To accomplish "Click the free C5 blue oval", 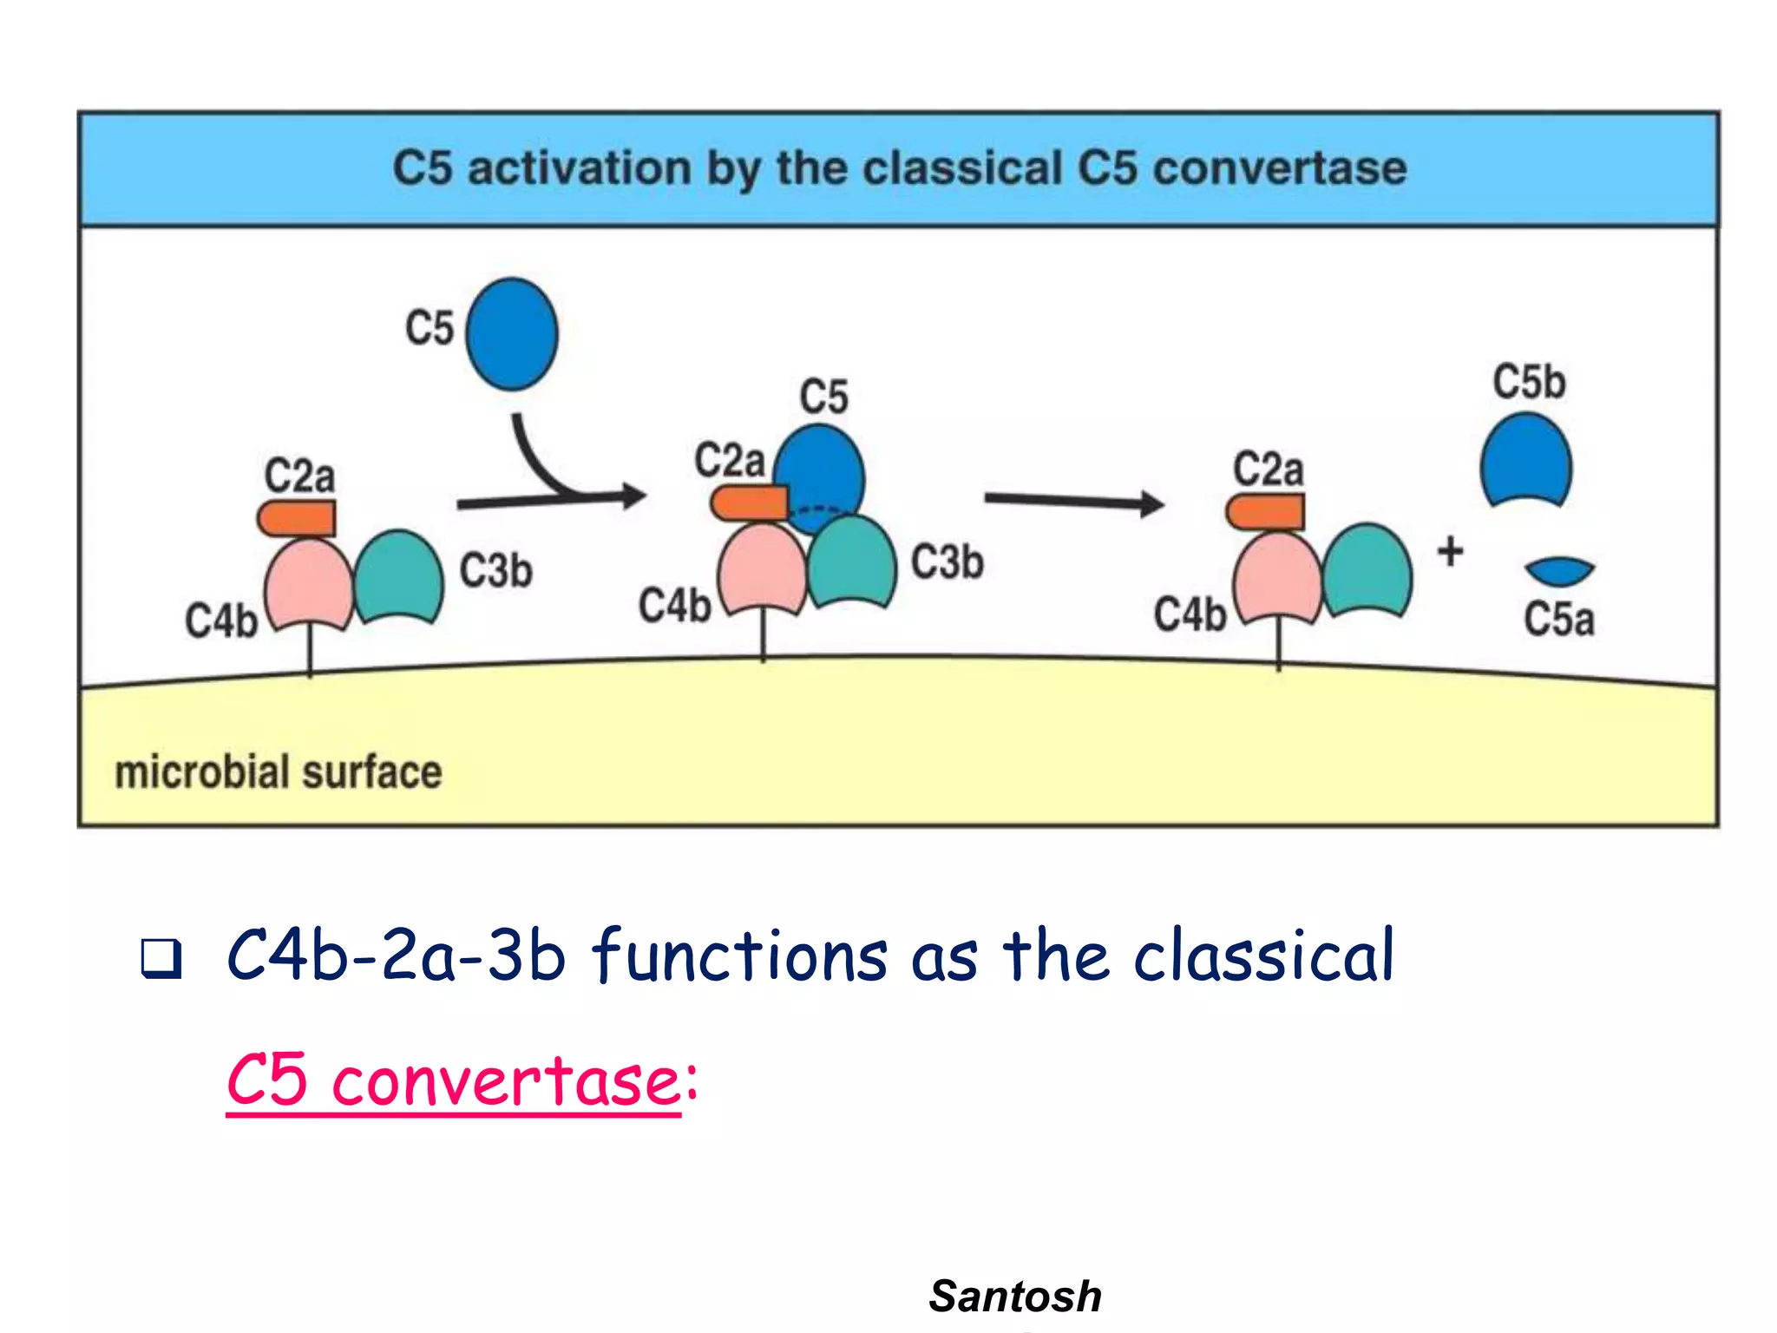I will pos(512,334).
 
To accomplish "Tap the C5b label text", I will pos(1529,382).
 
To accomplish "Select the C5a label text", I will pos(1559,620).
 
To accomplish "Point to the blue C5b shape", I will pos(1526,460).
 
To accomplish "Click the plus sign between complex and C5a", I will pos(1451,552).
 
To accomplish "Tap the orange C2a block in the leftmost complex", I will pos(297,518).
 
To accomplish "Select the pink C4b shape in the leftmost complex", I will pos(309,581).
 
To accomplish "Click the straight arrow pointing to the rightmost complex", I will pos(1073,502).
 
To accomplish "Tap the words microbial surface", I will pos(279,772).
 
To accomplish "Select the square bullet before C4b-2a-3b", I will pos(161,959).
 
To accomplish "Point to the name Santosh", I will pos(1015,1297).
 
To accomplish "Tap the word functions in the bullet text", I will pos(740,955).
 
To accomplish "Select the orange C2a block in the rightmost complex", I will pos(1265,512).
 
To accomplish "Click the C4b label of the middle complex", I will pos(674,605).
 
